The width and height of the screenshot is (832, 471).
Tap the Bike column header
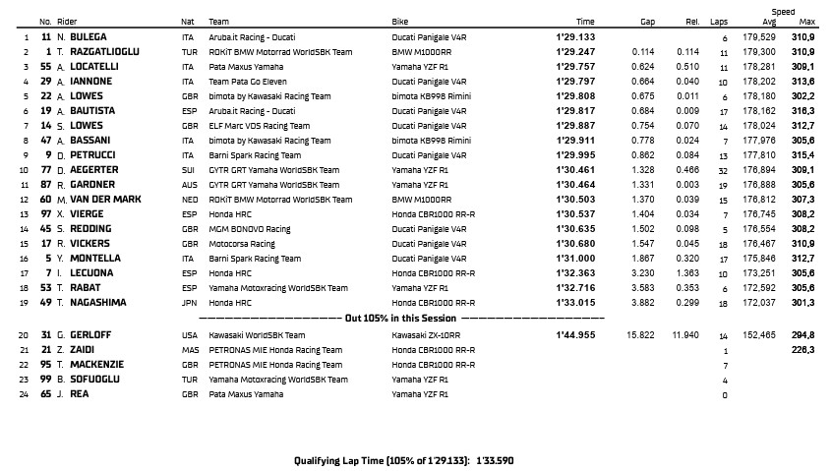[400, 21]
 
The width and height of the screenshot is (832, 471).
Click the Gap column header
[647, 21]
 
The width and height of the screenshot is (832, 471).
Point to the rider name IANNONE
[91, 81]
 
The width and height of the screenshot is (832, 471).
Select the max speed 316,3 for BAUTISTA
[802, 110]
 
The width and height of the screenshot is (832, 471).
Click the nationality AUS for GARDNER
[188, 184]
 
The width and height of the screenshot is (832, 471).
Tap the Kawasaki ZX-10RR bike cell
[426, 334]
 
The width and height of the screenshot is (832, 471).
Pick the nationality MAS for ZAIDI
[189, 349]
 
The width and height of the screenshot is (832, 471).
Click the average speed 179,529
[762, 36]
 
